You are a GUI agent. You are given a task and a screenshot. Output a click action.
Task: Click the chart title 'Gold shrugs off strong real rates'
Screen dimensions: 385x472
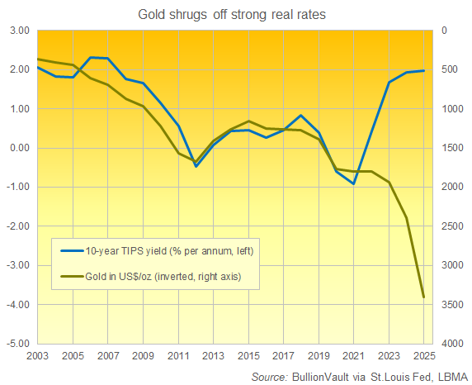(x=235, y=12)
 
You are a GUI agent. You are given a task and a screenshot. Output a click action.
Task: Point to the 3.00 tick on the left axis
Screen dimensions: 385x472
(x=19, y=31)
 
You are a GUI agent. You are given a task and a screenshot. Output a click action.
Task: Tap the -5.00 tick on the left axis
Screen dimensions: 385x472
(x=18, y=344)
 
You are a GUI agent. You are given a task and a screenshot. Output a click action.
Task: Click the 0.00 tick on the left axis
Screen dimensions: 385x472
(x=19, y=148)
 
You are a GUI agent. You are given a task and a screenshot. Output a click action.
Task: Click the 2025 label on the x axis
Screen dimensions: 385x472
(x=422, y=356)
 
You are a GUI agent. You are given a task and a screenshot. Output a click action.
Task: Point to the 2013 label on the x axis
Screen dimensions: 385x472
(x=213, y=356)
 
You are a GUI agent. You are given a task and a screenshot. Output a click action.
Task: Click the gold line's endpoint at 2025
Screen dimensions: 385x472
(x=423, y=297)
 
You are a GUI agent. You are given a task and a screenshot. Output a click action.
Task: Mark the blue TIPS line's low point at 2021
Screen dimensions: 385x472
(x=353, y=183)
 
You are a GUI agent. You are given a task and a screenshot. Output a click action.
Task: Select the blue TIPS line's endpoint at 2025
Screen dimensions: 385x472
(x=423, y=71)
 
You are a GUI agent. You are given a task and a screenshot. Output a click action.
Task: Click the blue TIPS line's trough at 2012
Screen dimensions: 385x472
(x=196, y=166)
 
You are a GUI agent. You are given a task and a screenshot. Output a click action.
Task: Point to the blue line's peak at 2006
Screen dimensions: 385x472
(x=91, y=57)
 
